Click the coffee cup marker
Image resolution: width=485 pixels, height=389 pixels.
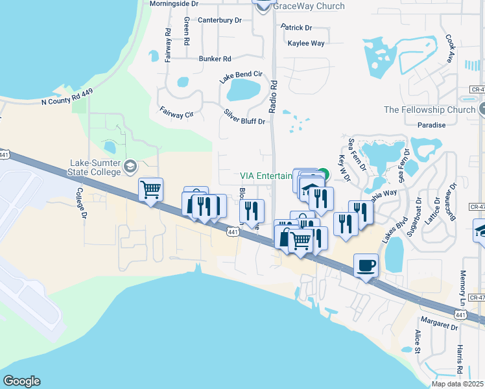[x=366, y=265]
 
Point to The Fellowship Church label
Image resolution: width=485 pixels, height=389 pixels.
[x=429, y=110]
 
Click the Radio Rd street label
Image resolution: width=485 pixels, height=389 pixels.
[x=273, y=97]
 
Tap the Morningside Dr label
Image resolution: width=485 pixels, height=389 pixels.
[x=174, y=3]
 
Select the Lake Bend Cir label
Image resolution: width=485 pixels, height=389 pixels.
[x=240, y=77]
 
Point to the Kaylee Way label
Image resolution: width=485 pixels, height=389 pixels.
[x=307, y=43]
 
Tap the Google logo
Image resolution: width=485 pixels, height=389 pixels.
[x=21, y=381]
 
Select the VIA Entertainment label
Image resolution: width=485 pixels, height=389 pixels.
[x=266, y=175]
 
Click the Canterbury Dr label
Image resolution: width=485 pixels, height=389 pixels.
[x=219, y=21]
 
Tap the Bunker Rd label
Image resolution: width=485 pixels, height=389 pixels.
[x=215, y=58]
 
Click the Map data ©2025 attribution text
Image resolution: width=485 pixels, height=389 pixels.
[x=457, y=384]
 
